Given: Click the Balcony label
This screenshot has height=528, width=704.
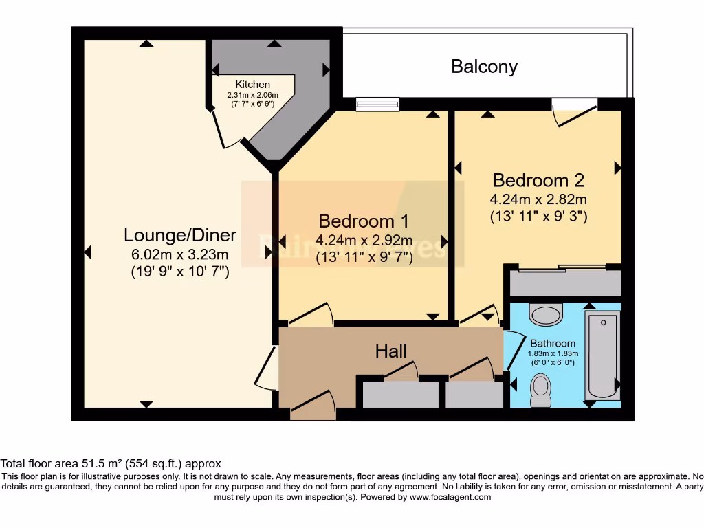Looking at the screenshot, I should [484, 67].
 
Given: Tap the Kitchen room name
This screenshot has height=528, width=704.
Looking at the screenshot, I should [252, 85].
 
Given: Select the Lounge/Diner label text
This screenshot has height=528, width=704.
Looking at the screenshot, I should [180, 235].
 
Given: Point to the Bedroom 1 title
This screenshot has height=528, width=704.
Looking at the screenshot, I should [364, 221].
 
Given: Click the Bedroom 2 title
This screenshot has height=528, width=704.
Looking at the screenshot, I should [538, 180].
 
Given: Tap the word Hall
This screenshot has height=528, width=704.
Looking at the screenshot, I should [391, 351].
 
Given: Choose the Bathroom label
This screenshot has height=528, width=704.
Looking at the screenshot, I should [553, 343].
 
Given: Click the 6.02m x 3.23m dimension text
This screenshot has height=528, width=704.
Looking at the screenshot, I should [180, 254].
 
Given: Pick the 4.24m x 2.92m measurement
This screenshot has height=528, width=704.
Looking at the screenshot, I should [364, 241].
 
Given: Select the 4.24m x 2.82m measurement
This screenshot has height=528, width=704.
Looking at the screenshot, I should [538, 199].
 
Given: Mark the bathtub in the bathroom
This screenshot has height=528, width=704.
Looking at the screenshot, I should [603, 354].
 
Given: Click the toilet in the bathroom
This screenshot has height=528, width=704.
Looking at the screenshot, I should [541, 390].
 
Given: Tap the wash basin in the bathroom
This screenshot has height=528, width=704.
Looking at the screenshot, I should [546, 315].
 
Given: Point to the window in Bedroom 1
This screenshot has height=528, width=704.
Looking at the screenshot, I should [377, 104].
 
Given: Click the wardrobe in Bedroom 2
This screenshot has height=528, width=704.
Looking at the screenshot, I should [564, 283].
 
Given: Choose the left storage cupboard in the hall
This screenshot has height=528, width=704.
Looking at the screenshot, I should [400, 395].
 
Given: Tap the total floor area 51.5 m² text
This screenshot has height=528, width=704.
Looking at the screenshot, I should [111, 464].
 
